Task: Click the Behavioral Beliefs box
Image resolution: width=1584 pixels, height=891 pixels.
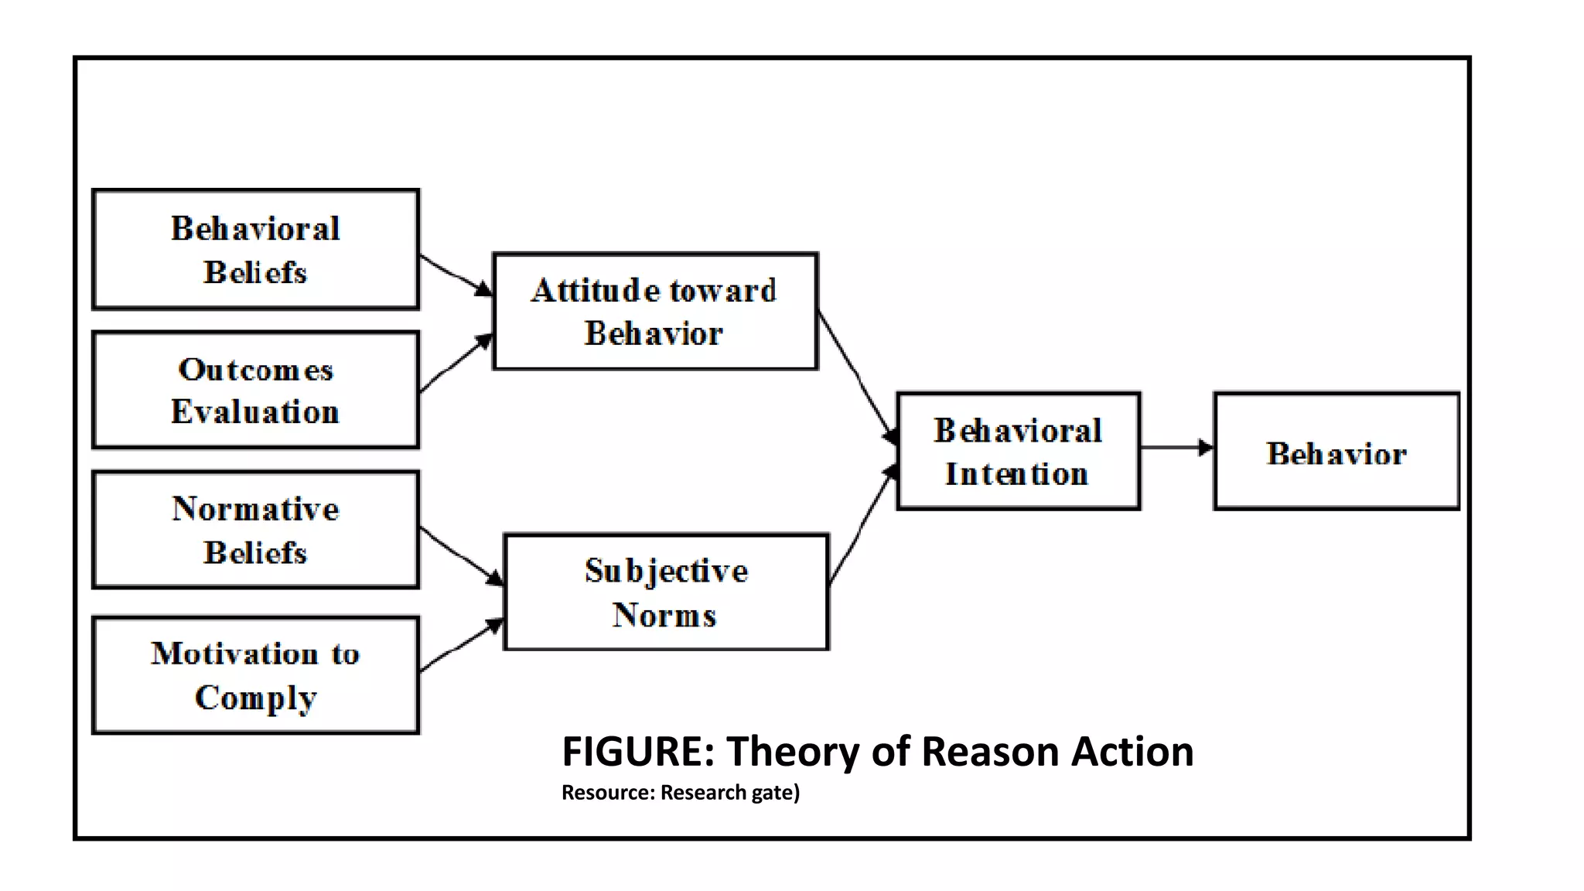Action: tap(255, 249)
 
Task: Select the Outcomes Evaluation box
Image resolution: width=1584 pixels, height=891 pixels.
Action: tap(255, 390)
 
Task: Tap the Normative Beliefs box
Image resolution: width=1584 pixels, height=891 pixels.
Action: tap(255, 530)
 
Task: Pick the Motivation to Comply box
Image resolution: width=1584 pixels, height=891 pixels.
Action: tap(255, 674)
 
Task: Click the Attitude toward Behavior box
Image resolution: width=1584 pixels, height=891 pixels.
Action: tap(654, 311)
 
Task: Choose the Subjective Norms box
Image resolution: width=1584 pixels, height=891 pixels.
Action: tap(666, 592)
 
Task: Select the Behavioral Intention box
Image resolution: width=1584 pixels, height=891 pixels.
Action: tap(1018, 451)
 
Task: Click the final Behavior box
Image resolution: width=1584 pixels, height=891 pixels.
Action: tap(1336, 452)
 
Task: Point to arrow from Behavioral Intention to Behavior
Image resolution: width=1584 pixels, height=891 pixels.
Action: tap(1176, 447)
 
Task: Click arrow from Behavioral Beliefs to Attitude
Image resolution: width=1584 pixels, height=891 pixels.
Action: tap(455, 275)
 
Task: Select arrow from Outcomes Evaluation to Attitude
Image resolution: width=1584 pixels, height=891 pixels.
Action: tap(455, 364)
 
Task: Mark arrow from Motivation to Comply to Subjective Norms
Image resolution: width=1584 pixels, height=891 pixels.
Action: tap(460, 647)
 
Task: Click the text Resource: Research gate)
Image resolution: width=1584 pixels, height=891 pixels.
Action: tap(681, 793)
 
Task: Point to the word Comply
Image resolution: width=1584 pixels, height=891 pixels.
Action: tap(255, 698)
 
